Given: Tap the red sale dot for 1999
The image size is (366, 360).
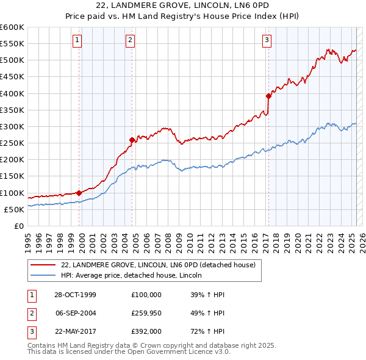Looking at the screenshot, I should pos(79,193).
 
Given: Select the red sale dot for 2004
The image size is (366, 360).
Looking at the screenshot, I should pos(132,140).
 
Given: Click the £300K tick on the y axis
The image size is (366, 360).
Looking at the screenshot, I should pos(12,126).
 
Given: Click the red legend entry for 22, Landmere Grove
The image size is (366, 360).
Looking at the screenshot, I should pos(161,265).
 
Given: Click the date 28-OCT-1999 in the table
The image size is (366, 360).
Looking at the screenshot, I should pos(76,295).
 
